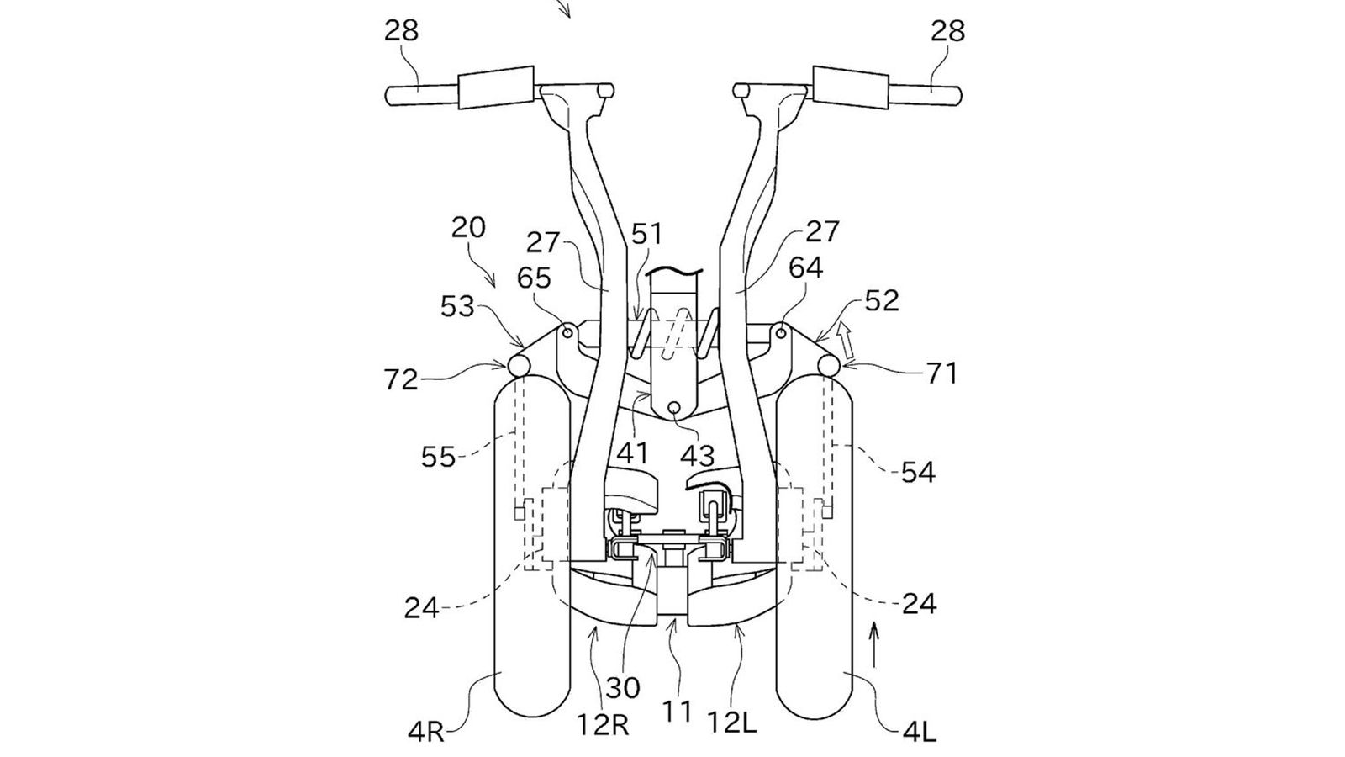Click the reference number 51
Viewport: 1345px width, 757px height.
(646, 234)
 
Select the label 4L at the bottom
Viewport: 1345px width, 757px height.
(920, 733)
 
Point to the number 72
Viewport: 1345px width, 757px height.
(401, 379)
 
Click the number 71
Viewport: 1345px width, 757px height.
(941, 374)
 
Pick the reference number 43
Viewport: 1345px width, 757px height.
(697, 456)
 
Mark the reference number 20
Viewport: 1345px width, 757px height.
(468, 228)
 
